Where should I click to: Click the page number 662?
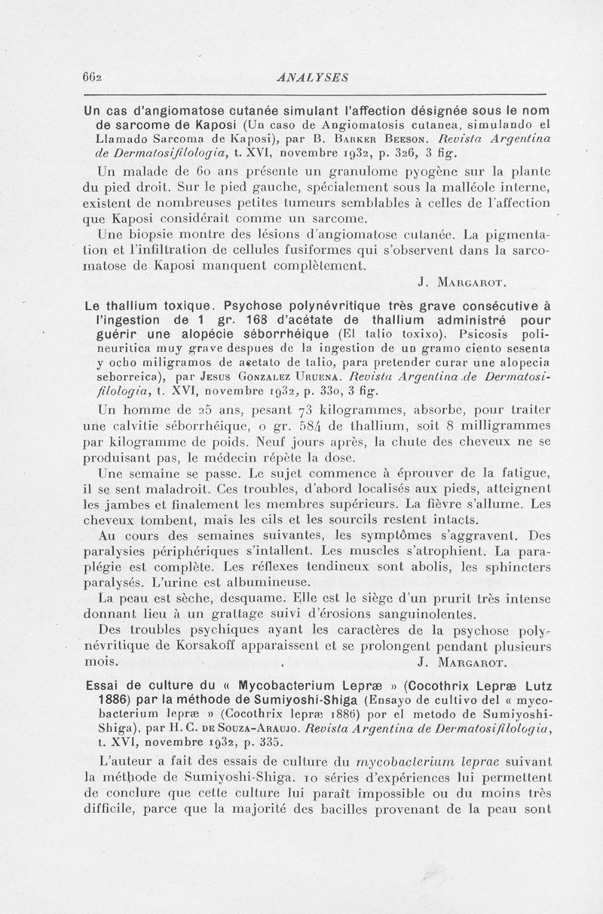(x=93, y=76)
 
